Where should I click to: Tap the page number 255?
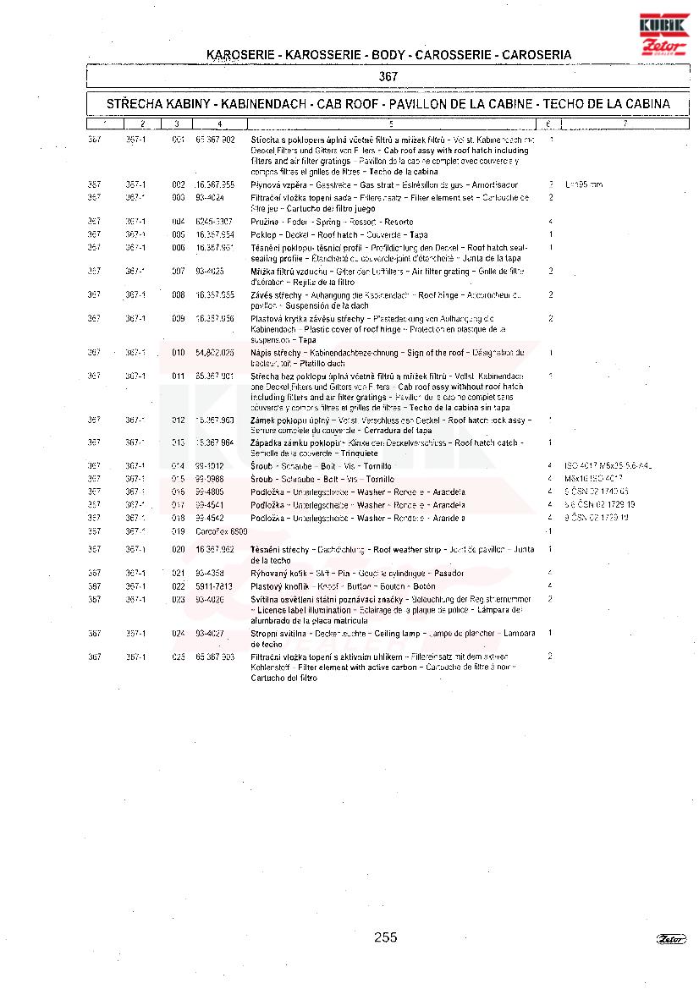tap(385, 937)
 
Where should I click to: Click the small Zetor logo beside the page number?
tap(671, 938)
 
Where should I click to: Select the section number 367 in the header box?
tap(388, 76)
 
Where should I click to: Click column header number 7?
tap(625, 124)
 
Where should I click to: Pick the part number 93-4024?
tap(209, 197)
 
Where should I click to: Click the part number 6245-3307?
tap(214, 221)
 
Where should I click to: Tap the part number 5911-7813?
tap(214, 586)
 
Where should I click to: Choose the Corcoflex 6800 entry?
tap(221, 531)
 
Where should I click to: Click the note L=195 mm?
tap(584, 184)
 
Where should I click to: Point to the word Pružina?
tap(265, 221)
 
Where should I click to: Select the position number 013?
tap(178, 442)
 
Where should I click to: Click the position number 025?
tap(178, 657)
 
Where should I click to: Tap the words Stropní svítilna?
tap(278, 634)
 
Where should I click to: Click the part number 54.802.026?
tap(215, 352)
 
